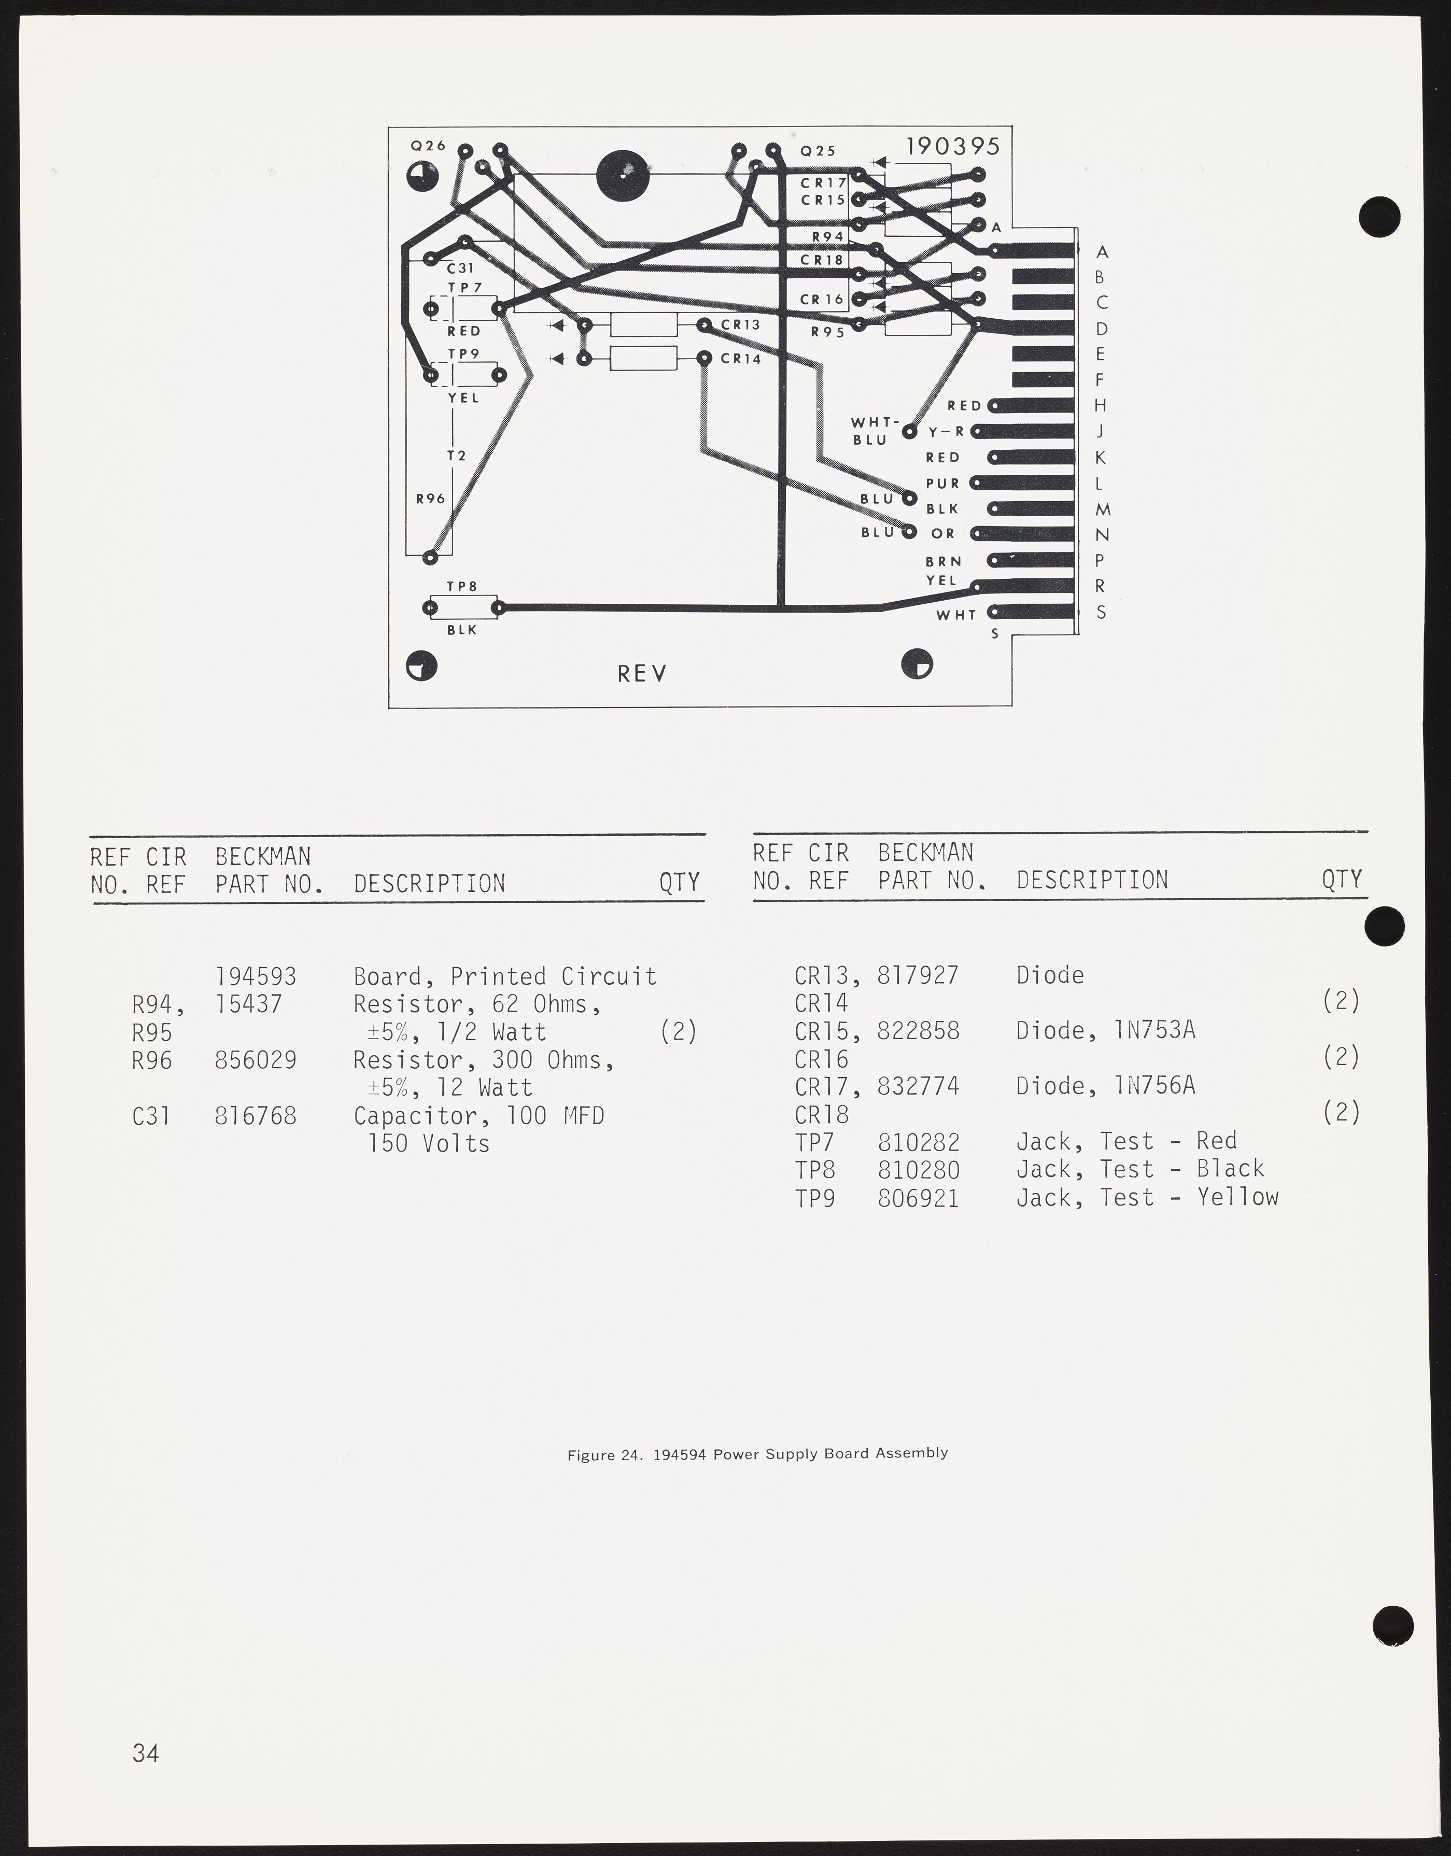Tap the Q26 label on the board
(428, 145)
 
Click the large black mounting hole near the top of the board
(623, 176)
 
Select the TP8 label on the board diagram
(461, 586)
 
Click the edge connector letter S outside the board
(1101, 612)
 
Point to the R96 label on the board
(430, 499)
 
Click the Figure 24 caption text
(757, 1453)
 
